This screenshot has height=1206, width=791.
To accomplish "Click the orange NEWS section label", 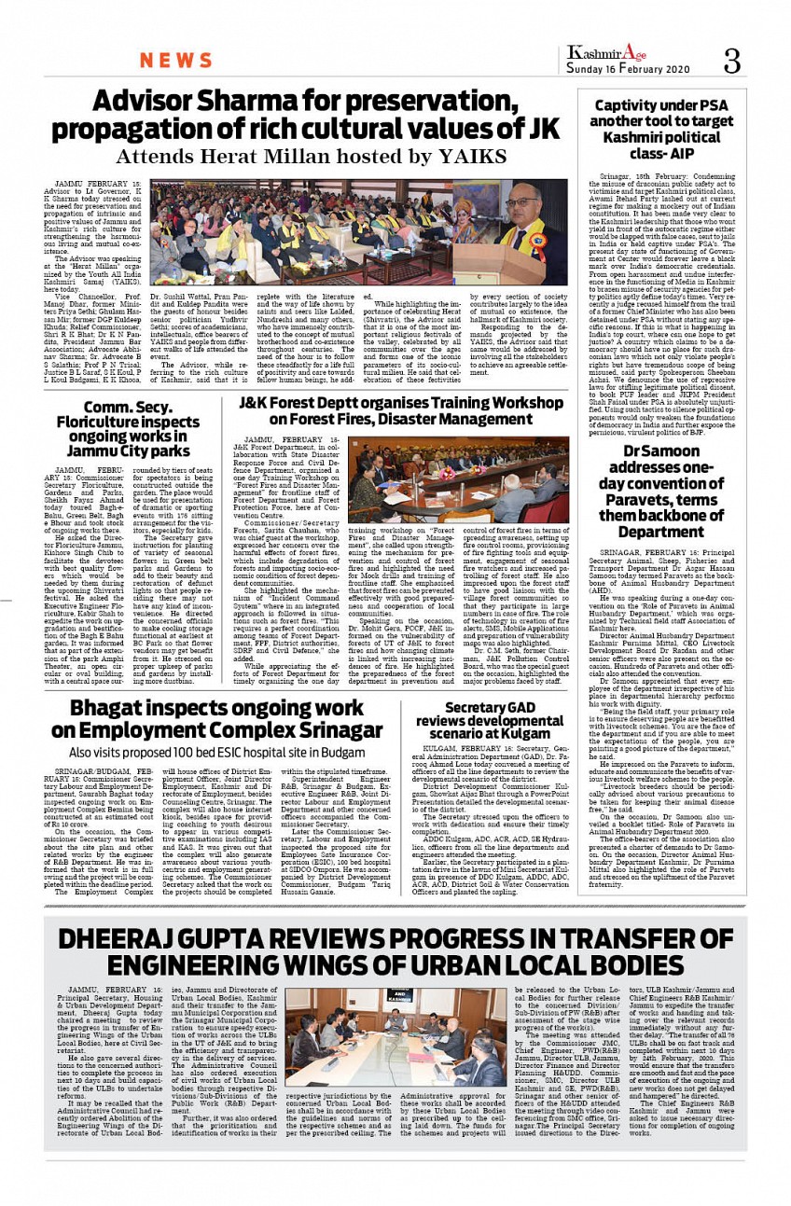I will pyautogui.click(x=176, y=62).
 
